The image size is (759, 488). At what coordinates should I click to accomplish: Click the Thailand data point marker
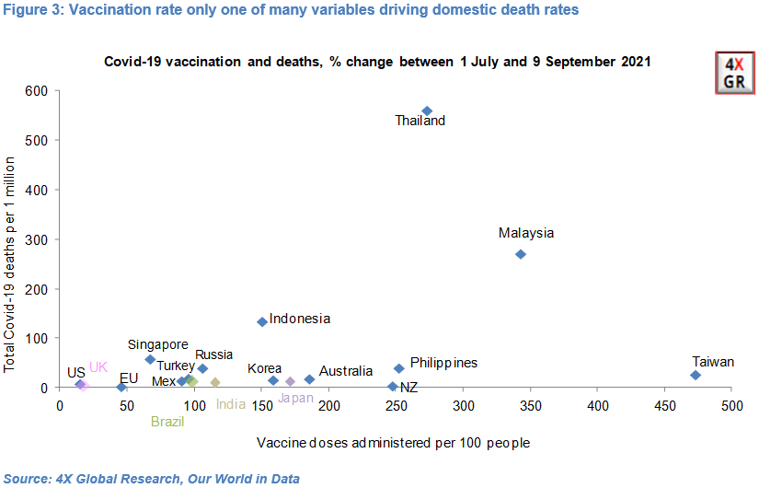(427, 111)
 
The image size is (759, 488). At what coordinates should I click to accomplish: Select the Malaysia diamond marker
(521, 254)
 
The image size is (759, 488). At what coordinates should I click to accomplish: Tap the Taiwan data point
(696, 376)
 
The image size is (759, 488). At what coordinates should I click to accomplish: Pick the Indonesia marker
(262, 321)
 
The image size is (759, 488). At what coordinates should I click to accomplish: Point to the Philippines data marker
(399, 368)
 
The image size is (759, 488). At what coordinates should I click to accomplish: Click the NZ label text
(409, 388)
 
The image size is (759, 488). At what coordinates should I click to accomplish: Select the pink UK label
(98, 367)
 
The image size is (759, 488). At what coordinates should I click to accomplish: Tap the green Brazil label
(167, 422)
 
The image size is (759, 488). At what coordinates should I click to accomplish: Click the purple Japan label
(295, 399)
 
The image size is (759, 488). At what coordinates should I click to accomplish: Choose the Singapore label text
(157, 344)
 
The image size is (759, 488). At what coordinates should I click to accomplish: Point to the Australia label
(345, 371)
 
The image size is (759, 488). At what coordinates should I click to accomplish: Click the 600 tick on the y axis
(36, 90)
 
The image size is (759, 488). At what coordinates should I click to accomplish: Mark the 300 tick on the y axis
(36, 239)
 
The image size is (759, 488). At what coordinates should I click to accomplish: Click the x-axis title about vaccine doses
(394, 443)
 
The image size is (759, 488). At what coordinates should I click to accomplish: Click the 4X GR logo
(735, 73)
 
